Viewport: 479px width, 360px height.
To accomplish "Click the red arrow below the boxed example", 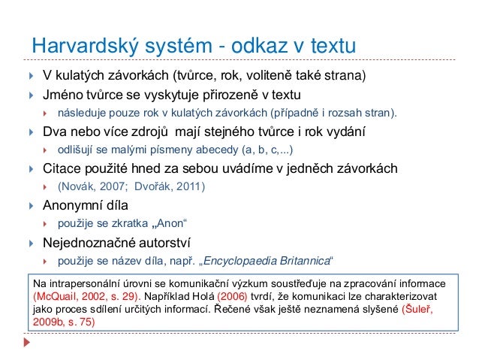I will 29,341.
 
